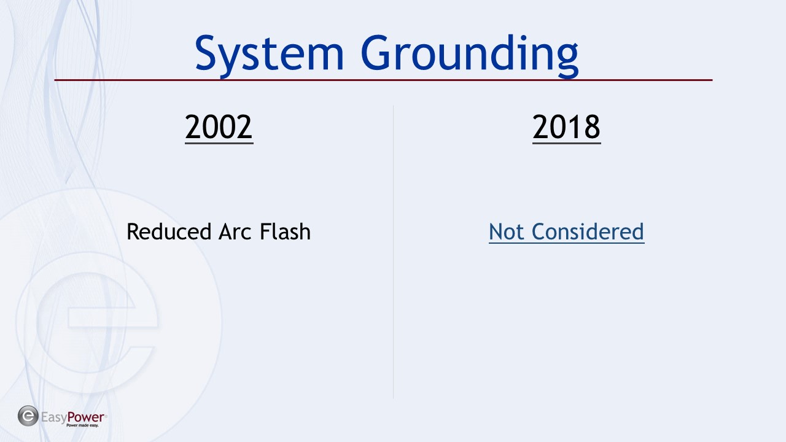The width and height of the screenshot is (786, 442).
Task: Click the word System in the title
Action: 269,55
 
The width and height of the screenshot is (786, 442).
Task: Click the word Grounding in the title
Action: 470,55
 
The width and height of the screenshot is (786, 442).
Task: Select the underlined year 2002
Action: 219,127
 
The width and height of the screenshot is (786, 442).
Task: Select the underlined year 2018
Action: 566,127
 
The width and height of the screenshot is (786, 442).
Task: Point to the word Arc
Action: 235,232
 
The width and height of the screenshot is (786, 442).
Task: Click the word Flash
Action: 286,231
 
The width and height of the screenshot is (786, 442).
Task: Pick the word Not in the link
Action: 507,232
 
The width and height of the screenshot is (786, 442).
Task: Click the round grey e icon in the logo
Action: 28,416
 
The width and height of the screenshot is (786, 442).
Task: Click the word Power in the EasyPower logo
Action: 85,417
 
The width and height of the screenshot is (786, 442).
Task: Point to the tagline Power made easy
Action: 82,425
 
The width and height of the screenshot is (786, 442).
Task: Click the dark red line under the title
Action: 383,80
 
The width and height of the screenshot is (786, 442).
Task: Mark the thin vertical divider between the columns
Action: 393,252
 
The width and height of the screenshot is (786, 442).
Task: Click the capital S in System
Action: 206,53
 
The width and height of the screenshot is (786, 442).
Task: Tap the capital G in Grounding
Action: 375,53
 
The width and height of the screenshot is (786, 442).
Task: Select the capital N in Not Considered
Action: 496,232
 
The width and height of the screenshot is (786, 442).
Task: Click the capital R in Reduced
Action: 133,232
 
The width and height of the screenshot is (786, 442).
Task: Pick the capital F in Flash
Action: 265,232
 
